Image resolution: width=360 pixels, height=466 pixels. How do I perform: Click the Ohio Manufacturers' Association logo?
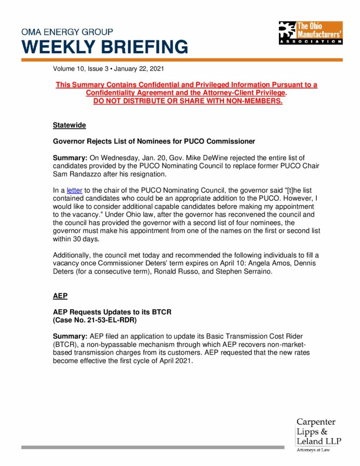coord(310,32)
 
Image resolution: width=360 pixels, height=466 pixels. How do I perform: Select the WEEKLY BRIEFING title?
coord(104,47)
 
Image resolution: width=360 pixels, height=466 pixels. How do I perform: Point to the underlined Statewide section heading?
coord(69,125)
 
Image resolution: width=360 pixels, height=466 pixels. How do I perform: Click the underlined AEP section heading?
coord(60,296)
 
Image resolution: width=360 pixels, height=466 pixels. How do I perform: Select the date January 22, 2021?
coord(139,69)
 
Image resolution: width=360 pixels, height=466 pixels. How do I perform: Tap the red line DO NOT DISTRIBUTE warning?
coord(188,101)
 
